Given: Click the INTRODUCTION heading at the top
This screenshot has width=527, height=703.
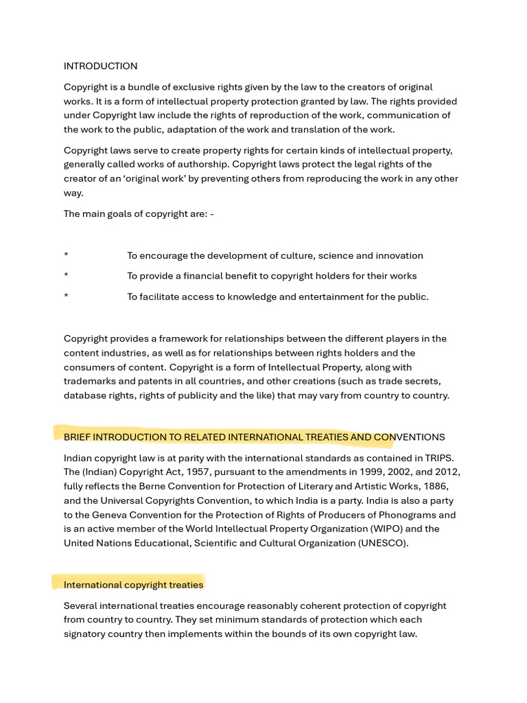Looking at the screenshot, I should click(100, 66).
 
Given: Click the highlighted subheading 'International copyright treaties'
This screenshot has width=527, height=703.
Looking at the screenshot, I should click(133, 585).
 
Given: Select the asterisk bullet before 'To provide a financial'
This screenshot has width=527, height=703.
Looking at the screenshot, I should click(66, 276).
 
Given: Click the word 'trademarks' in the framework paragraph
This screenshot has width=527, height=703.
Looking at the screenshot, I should click(89, 381).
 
